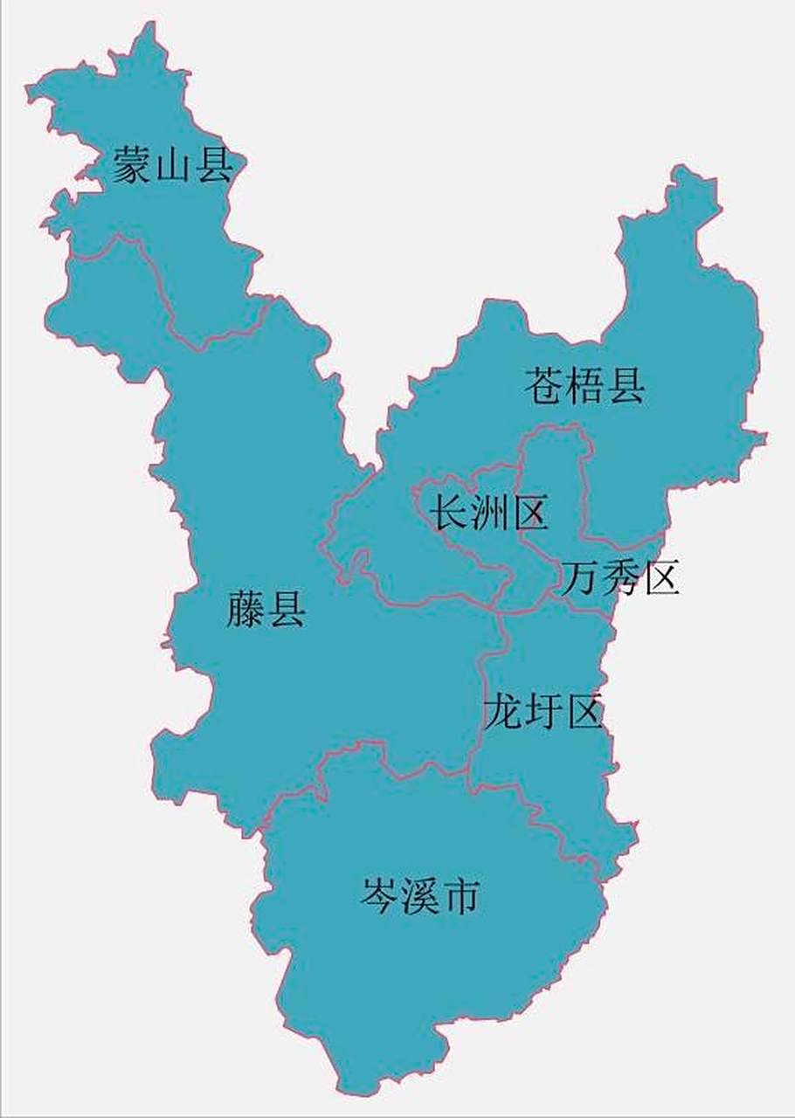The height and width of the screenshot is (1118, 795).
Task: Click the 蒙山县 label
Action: (x=172, y=165)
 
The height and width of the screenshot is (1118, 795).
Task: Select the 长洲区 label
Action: (x=489, y=513)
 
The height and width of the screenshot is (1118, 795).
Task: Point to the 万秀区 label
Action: (x=619, y=578)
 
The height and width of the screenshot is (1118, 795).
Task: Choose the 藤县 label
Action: (x=266, y=608)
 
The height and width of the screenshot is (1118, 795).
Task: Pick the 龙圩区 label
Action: (x=543, y=711)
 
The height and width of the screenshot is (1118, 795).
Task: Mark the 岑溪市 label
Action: (x=419, y=895)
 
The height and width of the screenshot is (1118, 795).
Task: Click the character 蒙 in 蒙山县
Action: (x=131, y=165)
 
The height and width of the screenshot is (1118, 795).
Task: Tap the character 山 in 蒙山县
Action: (x=172, y=166)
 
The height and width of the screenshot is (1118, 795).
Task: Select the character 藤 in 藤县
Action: (x=245, y=608)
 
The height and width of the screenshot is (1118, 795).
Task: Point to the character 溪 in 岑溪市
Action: (x=419, y=895)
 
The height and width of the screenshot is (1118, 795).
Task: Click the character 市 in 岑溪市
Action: (x=460, y=895)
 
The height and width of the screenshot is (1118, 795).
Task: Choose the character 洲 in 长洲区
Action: (x=489, y=513)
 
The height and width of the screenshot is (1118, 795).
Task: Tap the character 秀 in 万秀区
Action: (x=619, y=578)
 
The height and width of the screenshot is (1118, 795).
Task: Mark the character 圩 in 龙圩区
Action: (x=543, y=711)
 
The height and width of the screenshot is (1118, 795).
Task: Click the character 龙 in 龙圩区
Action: (x=503, y=711)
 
